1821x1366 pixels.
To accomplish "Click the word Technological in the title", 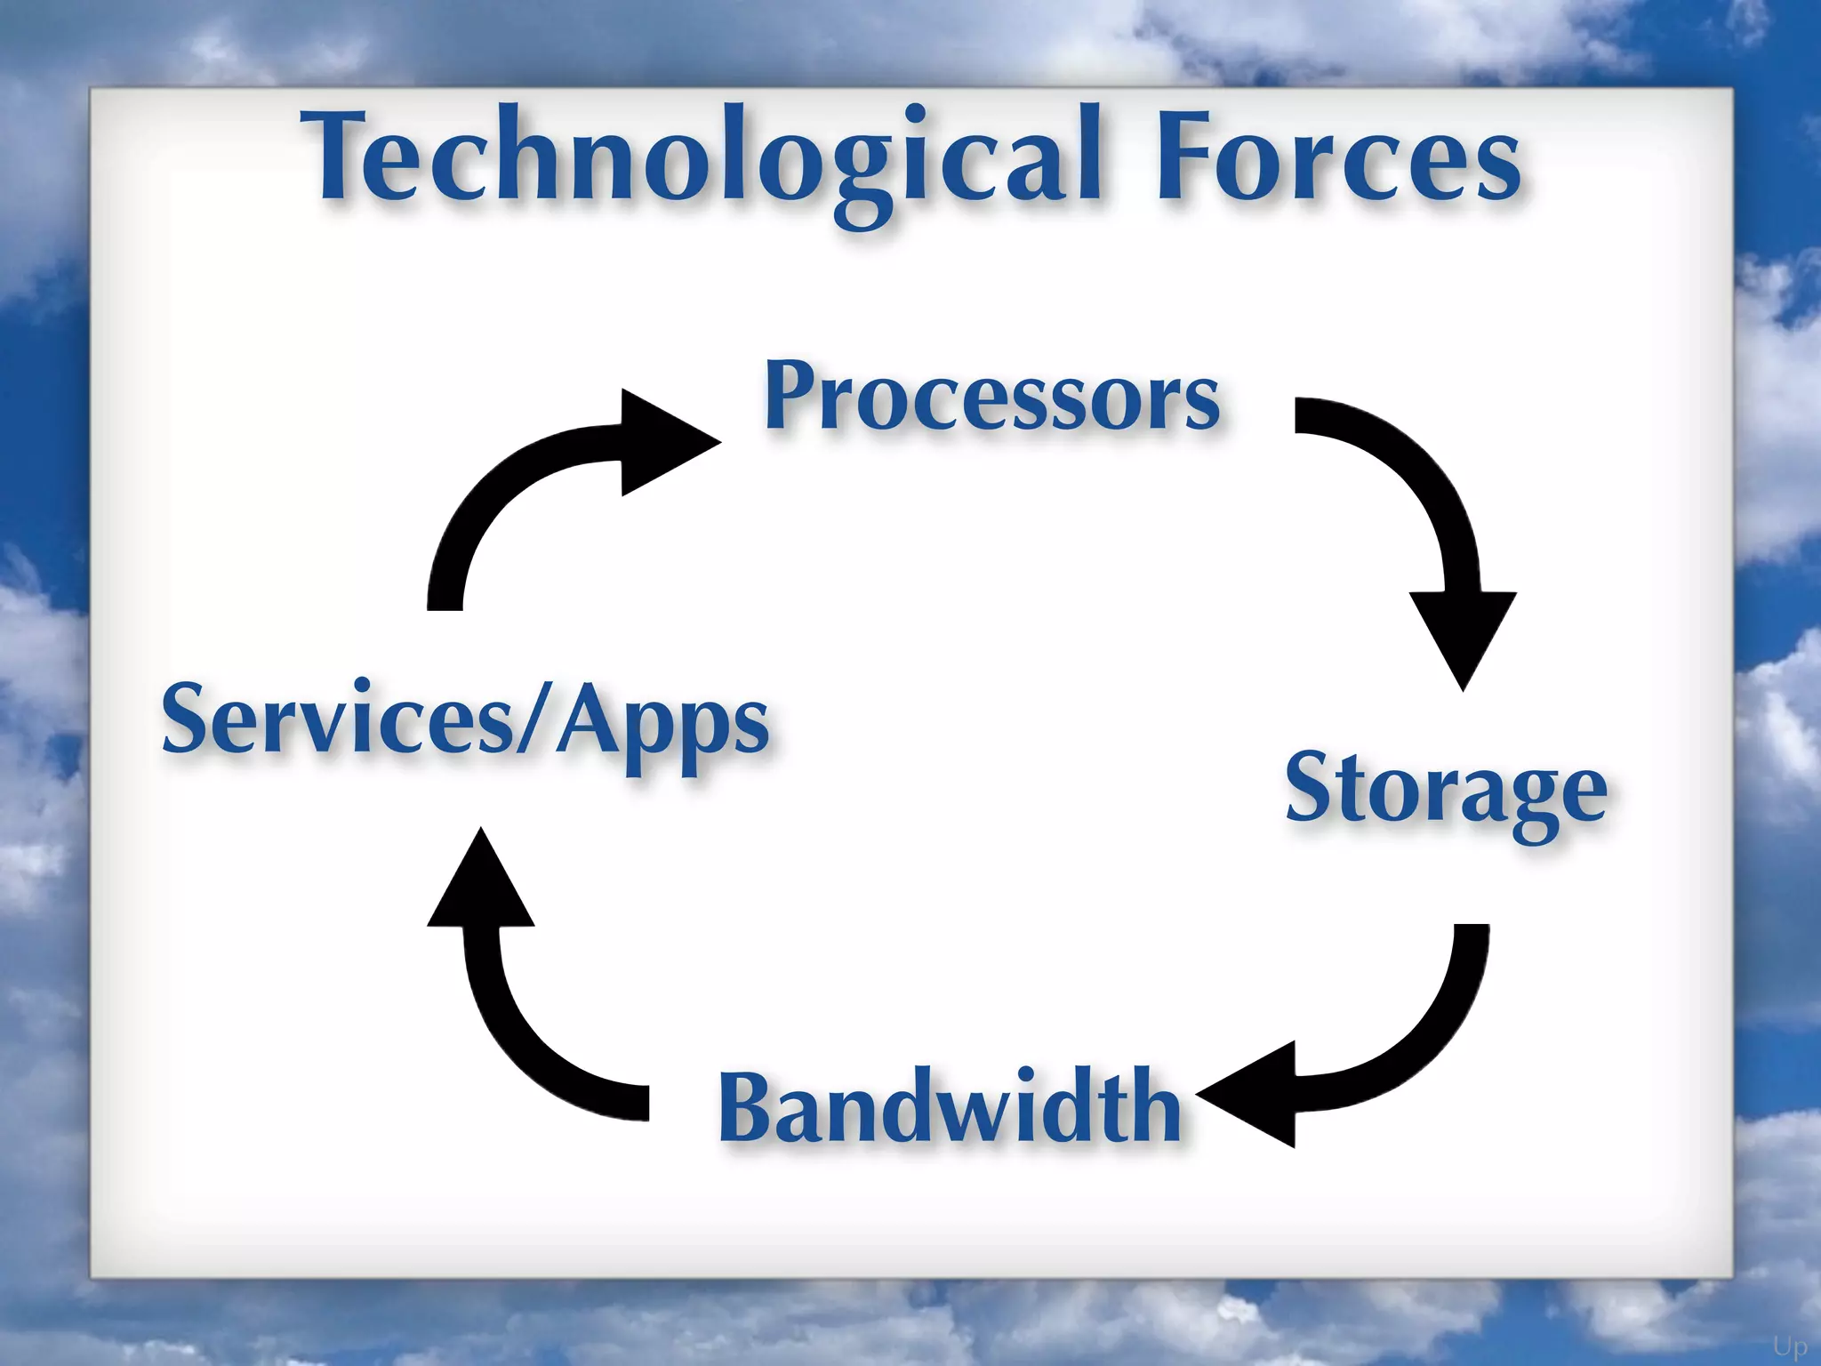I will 702,160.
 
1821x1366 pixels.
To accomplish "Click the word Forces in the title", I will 1338,160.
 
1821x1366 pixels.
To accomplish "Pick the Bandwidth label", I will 950,1107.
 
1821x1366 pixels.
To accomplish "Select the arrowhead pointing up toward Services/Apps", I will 481,885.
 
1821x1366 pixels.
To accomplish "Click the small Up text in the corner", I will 1789,1346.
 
